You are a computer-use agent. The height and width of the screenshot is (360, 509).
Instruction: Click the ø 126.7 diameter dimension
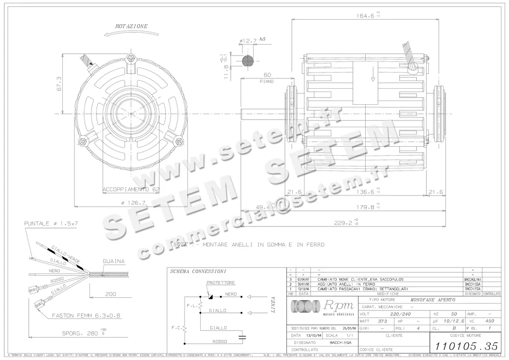pyautogui.click(x=134, y=203)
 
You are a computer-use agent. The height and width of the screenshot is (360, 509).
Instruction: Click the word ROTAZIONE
pyautogui.click(x=131, y=26)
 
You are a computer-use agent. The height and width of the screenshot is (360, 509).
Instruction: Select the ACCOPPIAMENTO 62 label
pyautogui.click(x=131, y=189)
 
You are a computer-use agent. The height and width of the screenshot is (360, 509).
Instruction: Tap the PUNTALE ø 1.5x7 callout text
pyautogui.click(x=50, y=223)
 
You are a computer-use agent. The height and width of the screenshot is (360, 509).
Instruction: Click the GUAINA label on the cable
pyautogui.click(x=114, y=261)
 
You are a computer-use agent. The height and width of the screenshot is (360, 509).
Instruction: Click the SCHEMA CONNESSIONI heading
pyautogui.click(x=198, y=271)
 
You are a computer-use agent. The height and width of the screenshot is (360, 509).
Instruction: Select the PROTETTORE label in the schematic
pyautogui.click(x=221, y=282)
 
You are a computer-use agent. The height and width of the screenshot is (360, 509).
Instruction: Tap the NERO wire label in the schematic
pyautogui.click(x=231, y=293)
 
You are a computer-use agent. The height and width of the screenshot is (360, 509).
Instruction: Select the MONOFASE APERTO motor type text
pyautogui.click(x=430, y=299)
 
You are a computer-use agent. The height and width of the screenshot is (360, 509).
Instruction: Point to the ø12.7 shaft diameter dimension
pyautogui.click(x=248, y=41)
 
